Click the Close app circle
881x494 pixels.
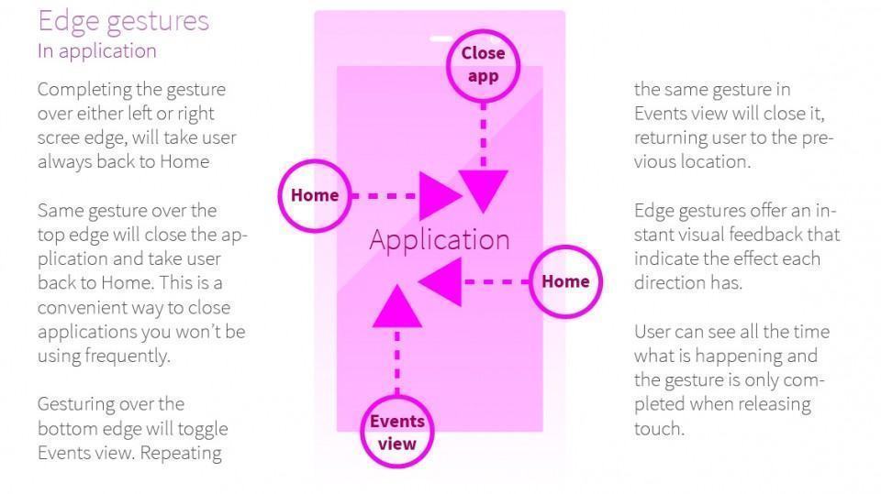[x=483, y=64]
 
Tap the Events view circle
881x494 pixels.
[x=397, y=433]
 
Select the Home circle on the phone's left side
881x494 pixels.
[x=314, y=195]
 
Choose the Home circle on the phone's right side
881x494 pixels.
[x=564, y=281]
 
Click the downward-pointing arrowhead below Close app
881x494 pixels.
[x=483, y=191]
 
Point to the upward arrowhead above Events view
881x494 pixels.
[x=397, y=306]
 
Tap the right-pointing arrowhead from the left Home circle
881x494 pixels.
[x=442, y=195]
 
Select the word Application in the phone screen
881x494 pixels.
[x=439, y=240]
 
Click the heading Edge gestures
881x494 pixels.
[x=123, y=21]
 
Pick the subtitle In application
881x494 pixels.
[x=96, y=51]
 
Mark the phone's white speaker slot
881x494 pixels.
[x=440, y=38]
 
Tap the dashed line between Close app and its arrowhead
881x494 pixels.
[x=483, y=128]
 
